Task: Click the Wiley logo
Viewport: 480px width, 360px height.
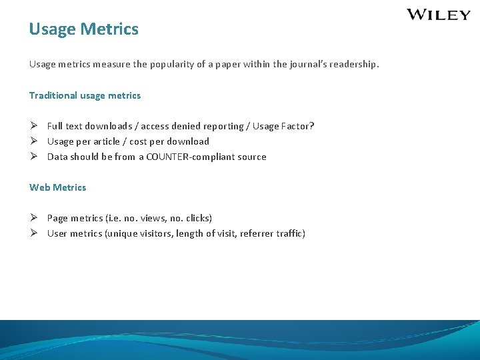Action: [439, 15]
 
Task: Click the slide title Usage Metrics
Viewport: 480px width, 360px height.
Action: [84, 29]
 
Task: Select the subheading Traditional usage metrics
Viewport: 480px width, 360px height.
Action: [85, 95]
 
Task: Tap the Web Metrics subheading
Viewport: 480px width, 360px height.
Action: [57, 187]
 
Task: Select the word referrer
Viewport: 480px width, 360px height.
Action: [256, 233]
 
